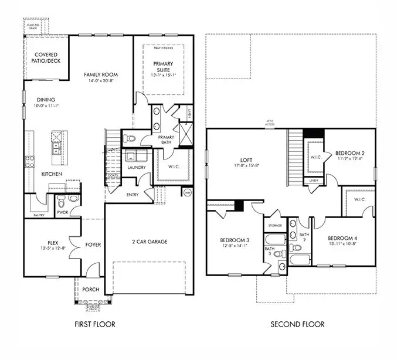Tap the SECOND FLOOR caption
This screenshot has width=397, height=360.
[x=297, y=324]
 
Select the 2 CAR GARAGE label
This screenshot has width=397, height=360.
[x=149, y=242]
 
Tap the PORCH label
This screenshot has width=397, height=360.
[x=91, y=290]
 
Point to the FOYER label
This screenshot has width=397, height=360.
[x=93, y=245]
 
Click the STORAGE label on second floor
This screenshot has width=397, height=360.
[x=275, y=225]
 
